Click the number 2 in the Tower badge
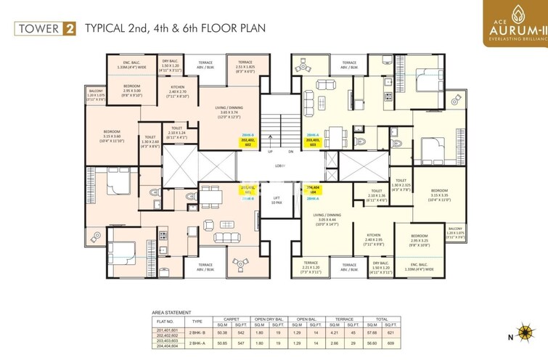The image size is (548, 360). coord(70,30)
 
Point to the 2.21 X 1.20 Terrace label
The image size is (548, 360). coord(311,267)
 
